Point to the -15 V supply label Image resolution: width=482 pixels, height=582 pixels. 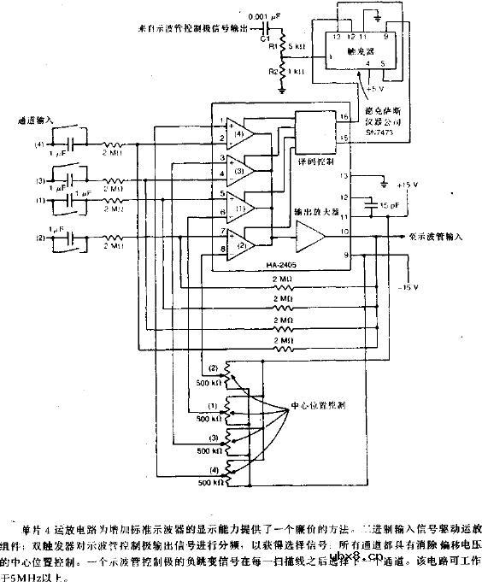(408, 285)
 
